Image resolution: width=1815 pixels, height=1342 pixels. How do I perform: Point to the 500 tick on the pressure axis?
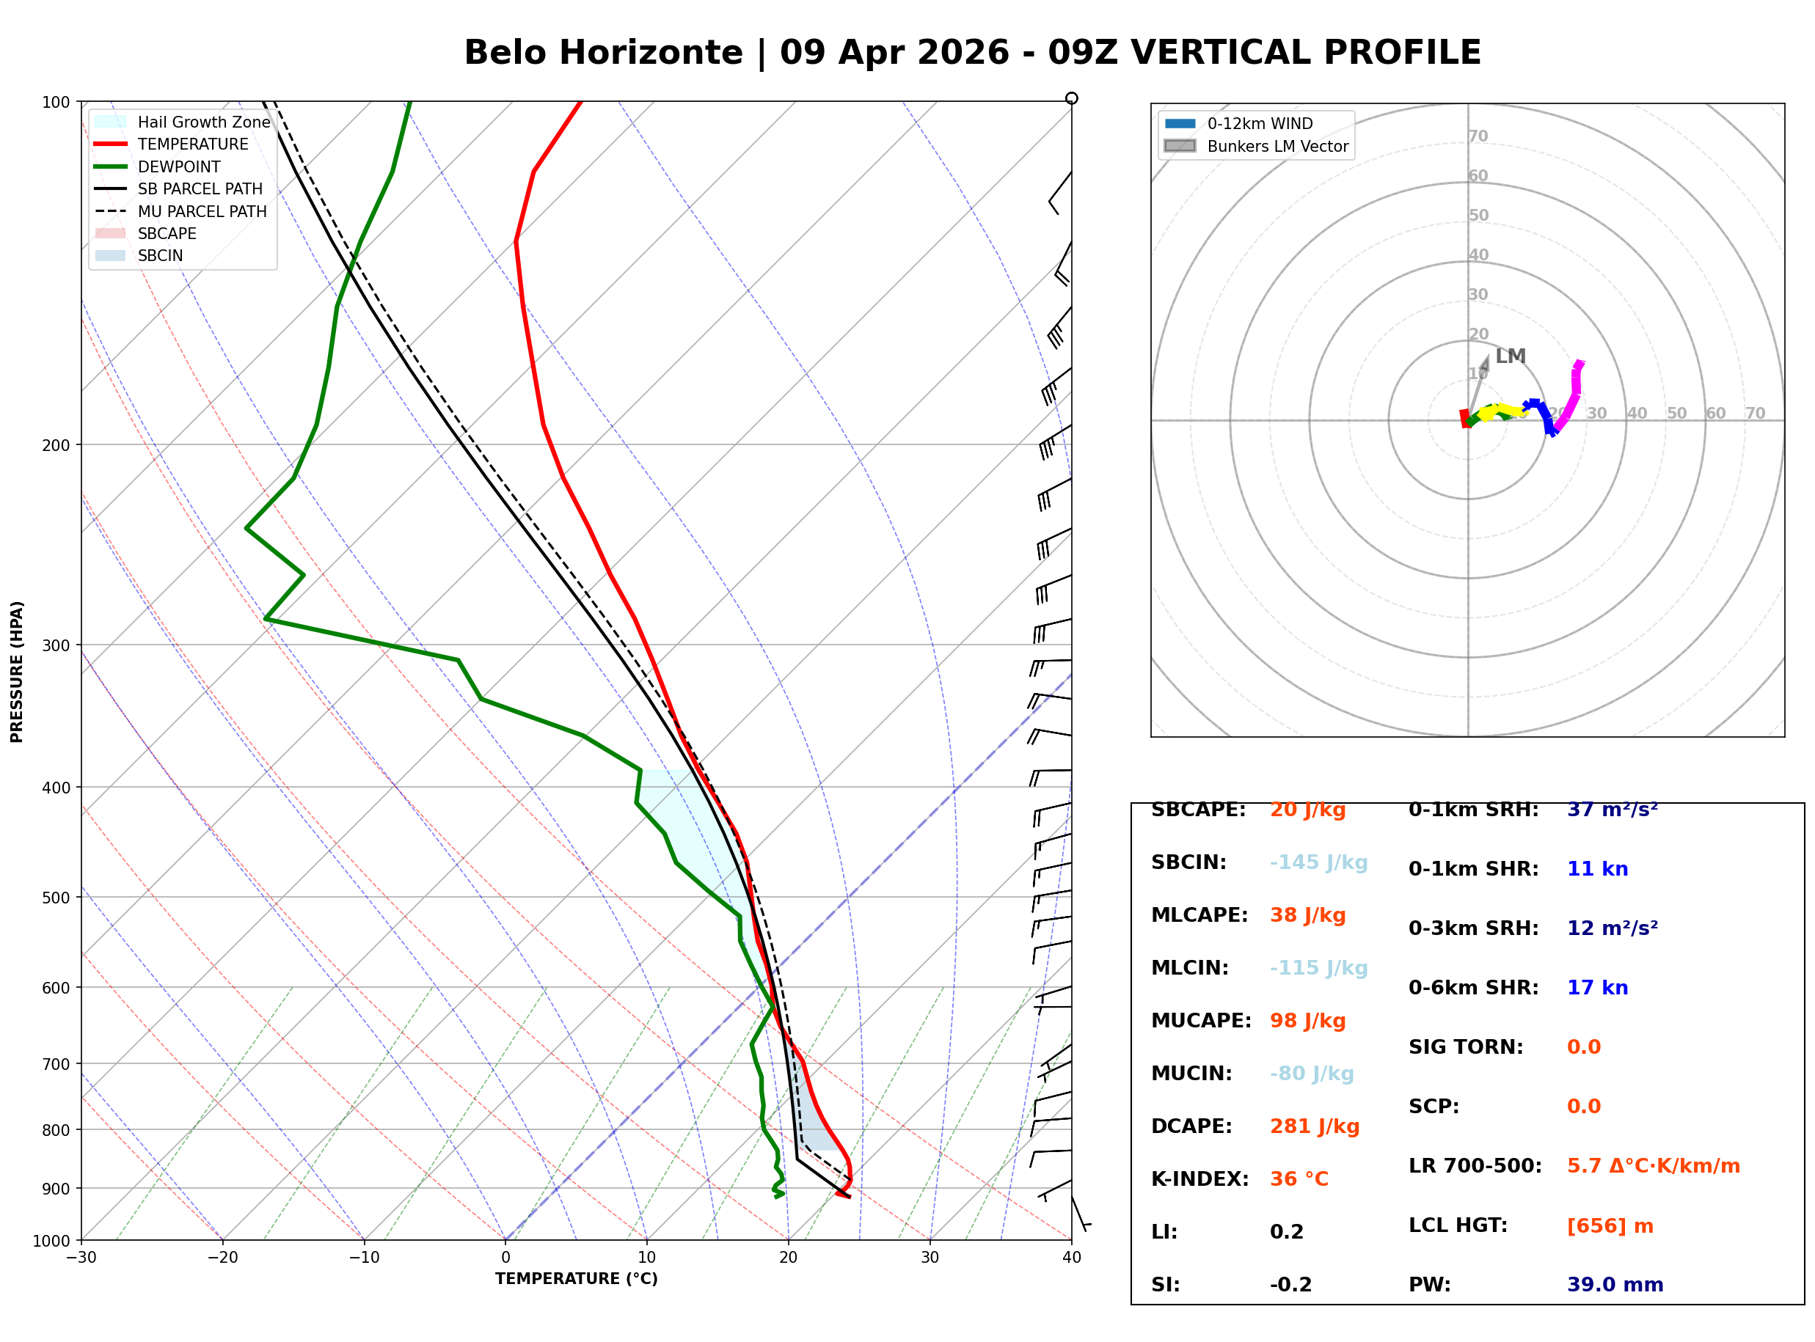(57, 898)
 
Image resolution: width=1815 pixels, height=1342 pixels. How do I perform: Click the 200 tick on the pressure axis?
(57, 445)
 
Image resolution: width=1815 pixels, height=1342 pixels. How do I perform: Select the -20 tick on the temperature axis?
(222, 1258)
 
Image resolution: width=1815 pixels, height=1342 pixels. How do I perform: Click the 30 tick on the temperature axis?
(930, 1258)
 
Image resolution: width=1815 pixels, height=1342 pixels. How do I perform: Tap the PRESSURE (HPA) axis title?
(17, 671)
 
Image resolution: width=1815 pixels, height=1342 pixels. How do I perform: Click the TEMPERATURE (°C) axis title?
(577, 1279)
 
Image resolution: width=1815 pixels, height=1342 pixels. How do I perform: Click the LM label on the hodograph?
(1511, 356)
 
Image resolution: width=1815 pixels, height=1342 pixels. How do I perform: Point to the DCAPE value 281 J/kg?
(1315, 1126)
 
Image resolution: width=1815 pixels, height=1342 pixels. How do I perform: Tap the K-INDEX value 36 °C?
(1299, 1178)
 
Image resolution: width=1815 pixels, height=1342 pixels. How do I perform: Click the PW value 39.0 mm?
(1615, 1284)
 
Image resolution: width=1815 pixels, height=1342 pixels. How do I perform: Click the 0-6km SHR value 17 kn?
(1597, 988)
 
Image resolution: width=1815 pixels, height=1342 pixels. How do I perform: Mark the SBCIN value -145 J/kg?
(1318, 862)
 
